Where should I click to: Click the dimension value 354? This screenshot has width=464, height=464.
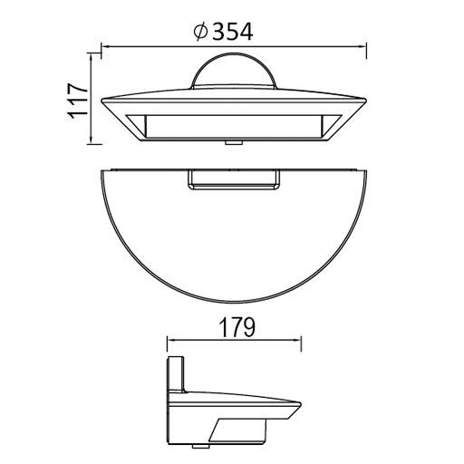pyautogui.click(x=231, y=33)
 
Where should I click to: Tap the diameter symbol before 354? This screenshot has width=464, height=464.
pyautogui.click(x=200, y=33)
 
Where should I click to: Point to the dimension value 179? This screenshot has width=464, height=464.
pyautogui.click(x=234, y=324)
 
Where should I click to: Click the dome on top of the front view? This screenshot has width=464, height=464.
pyautogui.click(x=233, y=72)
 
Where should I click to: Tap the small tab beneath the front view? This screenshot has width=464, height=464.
pyautogui.click(x=232, y=142)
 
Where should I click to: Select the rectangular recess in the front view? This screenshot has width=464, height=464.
pyautogui.click(x=233, y=126)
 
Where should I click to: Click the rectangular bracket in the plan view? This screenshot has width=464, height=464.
pyautogui.click(x=233, y=180)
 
